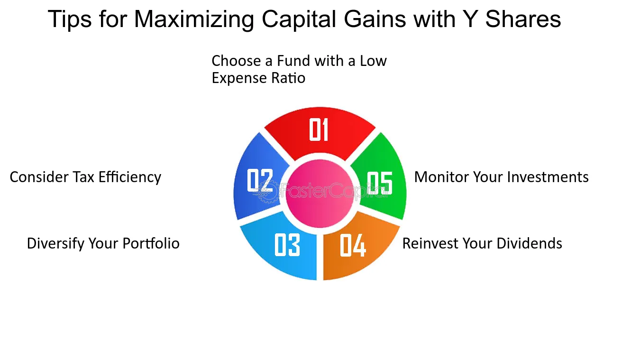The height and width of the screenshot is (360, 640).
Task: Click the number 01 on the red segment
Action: coord(319,129)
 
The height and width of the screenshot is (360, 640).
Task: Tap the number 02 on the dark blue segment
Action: coord(260,180)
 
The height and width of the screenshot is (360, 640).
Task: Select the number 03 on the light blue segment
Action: coord(287,245)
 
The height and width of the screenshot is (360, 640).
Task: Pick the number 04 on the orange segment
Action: coord(353,245)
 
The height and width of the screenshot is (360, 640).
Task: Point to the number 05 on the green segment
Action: coord(380,183)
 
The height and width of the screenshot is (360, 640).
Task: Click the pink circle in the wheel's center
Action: coord(320,194)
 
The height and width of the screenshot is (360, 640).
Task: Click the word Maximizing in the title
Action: coord(194,20)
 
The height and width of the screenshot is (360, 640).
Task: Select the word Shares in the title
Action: coord(523,19)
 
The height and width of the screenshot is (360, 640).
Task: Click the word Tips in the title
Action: coord(69,20)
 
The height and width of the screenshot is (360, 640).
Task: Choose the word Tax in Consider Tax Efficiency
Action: coord(83,177)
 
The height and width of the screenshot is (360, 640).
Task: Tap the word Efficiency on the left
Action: coord(130,177)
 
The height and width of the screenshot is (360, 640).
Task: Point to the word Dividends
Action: coord(530,243)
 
